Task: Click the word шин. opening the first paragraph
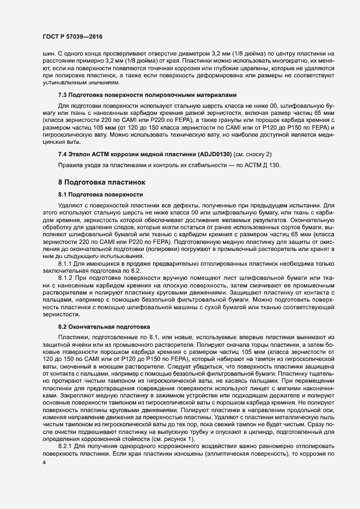48,53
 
